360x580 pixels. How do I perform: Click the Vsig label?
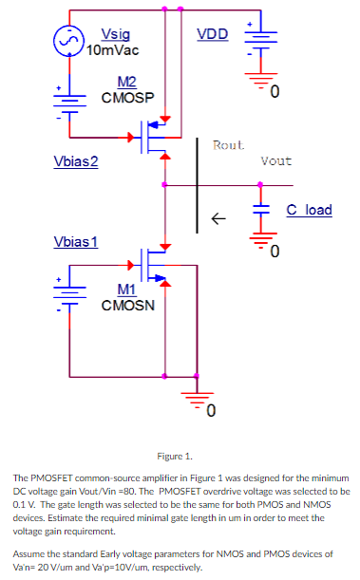[103, 33]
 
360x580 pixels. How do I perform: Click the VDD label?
[212, 34]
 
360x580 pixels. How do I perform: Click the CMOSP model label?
[127, 97]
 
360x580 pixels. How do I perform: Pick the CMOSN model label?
[127, 305]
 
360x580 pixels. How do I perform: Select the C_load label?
[309, 209]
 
